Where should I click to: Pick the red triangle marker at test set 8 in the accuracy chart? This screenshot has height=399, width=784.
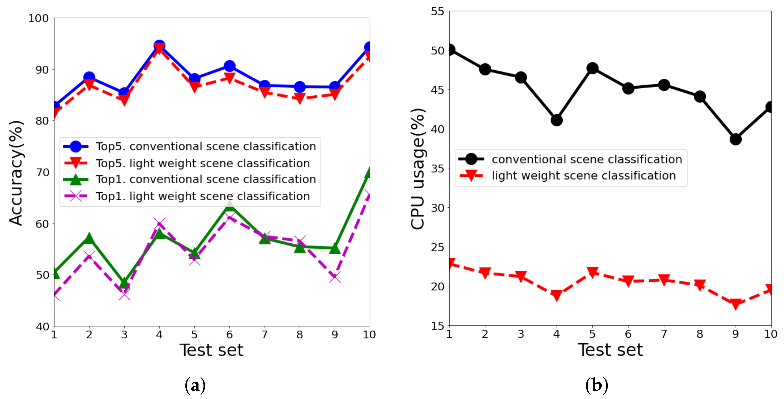click(300, 98)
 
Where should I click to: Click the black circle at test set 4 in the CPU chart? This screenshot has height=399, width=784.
click(557, 120)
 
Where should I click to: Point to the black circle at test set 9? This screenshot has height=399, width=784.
click(736, 139)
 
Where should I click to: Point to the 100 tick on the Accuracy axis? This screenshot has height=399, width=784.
click(39, 18)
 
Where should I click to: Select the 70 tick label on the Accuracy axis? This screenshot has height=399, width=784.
click(42, 172)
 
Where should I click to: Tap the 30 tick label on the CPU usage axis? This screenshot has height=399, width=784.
click(438, 208)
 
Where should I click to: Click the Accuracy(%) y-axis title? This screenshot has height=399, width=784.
click(16, 173)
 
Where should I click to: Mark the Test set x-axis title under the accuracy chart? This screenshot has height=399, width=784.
click(211, 350)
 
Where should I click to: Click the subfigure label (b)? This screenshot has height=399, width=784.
click(597, 385)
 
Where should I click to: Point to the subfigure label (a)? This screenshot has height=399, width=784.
click(195, 385)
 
